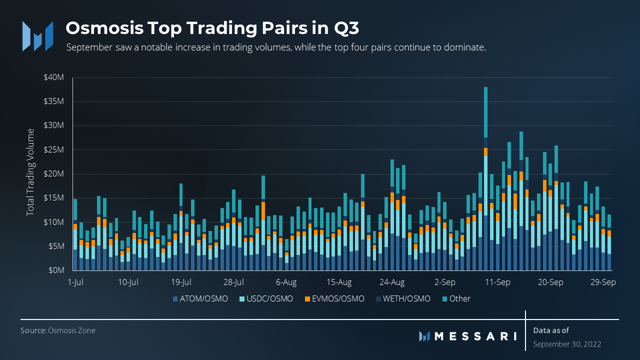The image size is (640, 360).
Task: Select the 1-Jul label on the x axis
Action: click(x=75, y=282)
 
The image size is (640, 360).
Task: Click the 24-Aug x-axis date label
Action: click(x=392, y=282)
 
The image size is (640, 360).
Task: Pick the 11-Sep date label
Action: click(x=497, y=282)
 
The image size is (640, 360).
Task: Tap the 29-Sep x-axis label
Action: click(x=603, y=282)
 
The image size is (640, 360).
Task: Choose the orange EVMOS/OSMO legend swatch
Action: click(x=307, y=299)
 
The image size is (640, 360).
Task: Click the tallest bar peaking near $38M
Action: click(x=485, y=150)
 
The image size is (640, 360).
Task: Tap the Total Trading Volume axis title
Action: click(x=31, y=172)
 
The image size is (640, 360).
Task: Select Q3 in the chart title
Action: click(x=346, y=28)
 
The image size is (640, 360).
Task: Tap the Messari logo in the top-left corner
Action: click(x=37, y=35)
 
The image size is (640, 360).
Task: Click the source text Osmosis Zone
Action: click(x=71, y=330)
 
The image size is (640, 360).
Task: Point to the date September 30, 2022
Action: click(x=567, y=344)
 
